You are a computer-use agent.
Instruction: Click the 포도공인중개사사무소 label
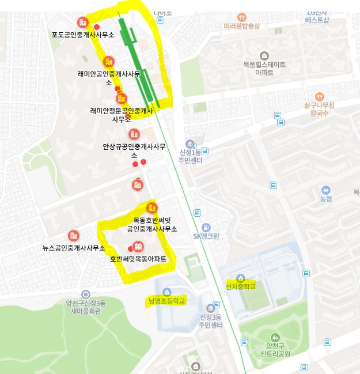[x=83, y=35]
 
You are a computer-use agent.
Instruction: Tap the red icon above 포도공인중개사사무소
[x=83, y=22]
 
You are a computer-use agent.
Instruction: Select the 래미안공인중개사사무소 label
[x=109, y=78]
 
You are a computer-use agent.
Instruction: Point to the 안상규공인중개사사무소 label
[x=134, y=150]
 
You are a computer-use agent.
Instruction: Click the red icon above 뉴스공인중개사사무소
[x=73, y=236]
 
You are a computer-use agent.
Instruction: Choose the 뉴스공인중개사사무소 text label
[x=74, y=248]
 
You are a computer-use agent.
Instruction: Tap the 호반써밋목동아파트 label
[x=138, y=259]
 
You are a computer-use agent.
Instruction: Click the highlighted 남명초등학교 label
[x=166, y=301]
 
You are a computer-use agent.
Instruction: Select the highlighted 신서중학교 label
[x=240, y=286]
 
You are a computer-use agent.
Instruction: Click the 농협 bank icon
[x=326, y=190]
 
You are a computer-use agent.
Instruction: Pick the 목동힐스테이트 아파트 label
[x=264, y=69]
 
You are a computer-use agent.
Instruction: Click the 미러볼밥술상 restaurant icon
[x=242, y=17]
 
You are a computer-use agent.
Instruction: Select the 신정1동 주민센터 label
[x=191, y=156]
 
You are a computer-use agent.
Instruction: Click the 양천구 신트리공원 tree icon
[x=275, y=337]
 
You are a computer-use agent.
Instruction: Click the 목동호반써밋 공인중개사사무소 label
[x=152, y=224]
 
